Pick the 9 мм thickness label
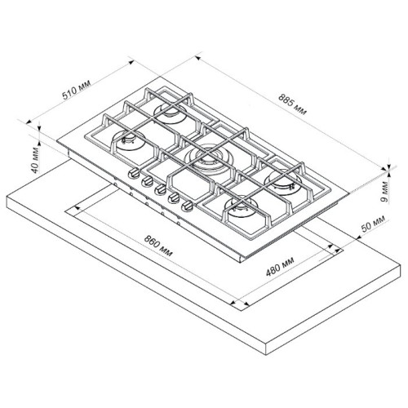pyautogui.click(x=395, y=194)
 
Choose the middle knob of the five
pyautogui.click(x=162, y=190)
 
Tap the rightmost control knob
pyautogui.click(x=191, y=207)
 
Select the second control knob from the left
pyautogui.click(x=147, y=182)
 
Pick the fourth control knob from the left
pyautogui.click(x=176, y=198)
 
